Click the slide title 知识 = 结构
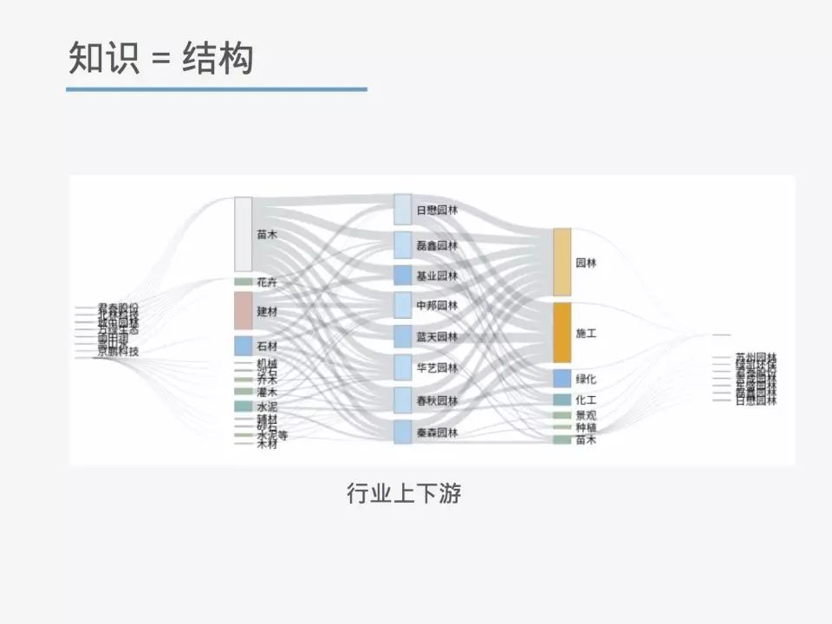161,59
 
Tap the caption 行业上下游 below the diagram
404,494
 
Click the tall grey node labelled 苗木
244,234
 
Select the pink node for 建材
244,310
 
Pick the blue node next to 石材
244,346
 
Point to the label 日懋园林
437,211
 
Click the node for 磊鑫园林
403,245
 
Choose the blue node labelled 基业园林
403,276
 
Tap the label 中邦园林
437,306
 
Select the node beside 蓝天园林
403,336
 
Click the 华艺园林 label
437,368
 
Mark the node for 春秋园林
403,400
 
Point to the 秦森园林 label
437,432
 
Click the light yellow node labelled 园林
562,262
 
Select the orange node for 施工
562,332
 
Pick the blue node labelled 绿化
562,379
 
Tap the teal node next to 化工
562,400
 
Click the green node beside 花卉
244,282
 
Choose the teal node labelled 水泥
244,406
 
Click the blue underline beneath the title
217,88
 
